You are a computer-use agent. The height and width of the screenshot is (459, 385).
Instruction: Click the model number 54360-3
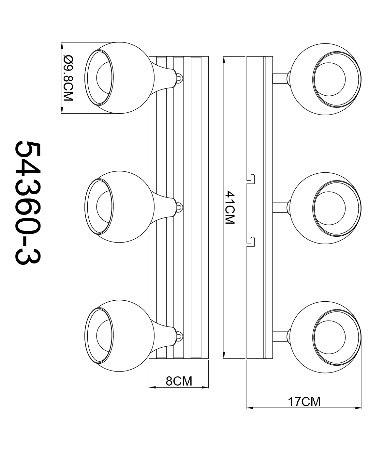(x=28, y=204)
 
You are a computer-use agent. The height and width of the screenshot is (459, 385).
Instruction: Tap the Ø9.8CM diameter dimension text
(x=68, y=78)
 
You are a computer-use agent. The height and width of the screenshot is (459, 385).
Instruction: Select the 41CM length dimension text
(x=230, y=208)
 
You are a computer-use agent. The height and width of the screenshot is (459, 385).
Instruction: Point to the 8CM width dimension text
(x=179, y=381)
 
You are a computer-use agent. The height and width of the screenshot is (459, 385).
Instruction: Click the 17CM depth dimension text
(x=304, y=402)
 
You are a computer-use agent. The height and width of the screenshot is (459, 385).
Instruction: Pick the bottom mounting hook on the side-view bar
(x=251, y=241)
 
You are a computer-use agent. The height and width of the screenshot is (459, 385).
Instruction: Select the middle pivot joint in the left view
(x=179, y=207)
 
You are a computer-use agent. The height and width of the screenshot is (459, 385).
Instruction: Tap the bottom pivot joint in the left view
(x=179, y=336)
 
